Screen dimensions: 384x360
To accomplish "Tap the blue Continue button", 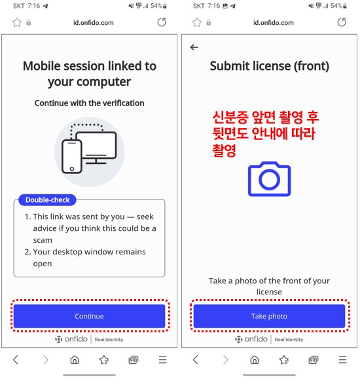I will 89,316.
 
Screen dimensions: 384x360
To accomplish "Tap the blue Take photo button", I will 269,316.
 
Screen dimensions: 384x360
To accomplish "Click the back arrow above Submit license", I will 194,47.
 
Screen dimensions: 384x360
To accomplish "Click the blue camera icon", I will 269,179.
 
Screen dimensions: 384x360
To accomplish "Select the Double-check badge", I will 48,200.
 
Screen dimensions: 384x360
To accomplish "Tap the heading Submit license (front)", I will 269,66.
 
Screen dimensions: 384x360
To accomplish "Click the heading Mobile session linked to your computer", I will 89,74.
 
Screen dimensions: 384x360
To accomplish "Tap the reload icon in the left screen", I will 162,22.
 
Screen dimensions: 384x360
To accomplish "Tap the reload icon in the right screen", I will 342,22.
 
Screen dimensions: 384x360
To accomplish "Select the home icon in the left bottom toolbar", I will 75,360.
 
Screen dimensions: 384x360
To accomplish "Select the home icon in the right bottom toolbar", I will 255,360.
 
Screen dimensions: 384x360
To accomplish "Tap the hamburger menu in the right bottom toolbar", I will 343,360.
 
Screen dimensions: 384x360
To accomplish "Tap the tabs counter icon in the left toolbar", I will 133,360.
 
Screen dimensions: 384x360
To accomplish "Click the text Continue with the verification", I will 89,103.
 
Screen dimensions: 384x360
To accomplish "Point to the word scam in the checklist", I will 43,240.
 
